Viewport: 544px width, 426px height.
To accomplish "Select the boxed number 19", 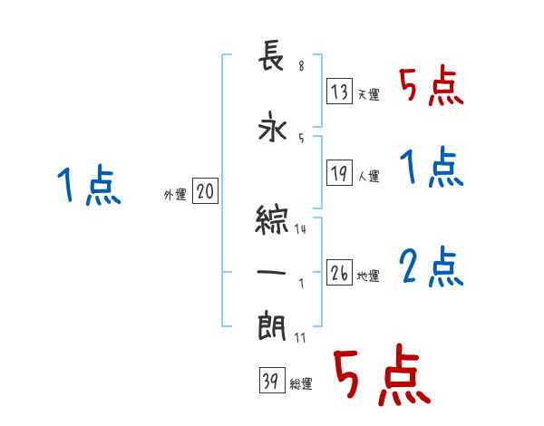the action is click(x=339, y=173).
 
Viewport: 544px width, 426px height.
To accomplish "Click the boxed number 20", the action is click(x=205, y=191).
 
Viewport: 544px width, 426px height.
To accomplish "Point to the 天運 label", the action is click(x=368, y=94).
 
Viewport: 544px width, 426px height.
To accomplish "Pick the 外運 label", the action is click(x=175, y=194).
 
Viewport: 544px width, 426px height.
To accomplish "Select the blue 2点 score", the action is click(x=431, y=267).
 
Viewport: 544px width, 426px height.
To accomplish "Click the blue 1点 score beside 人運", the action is click(x=431, y=168).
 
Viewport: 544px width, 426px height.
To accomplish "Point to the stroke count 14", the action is click(x=300, y=229).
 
